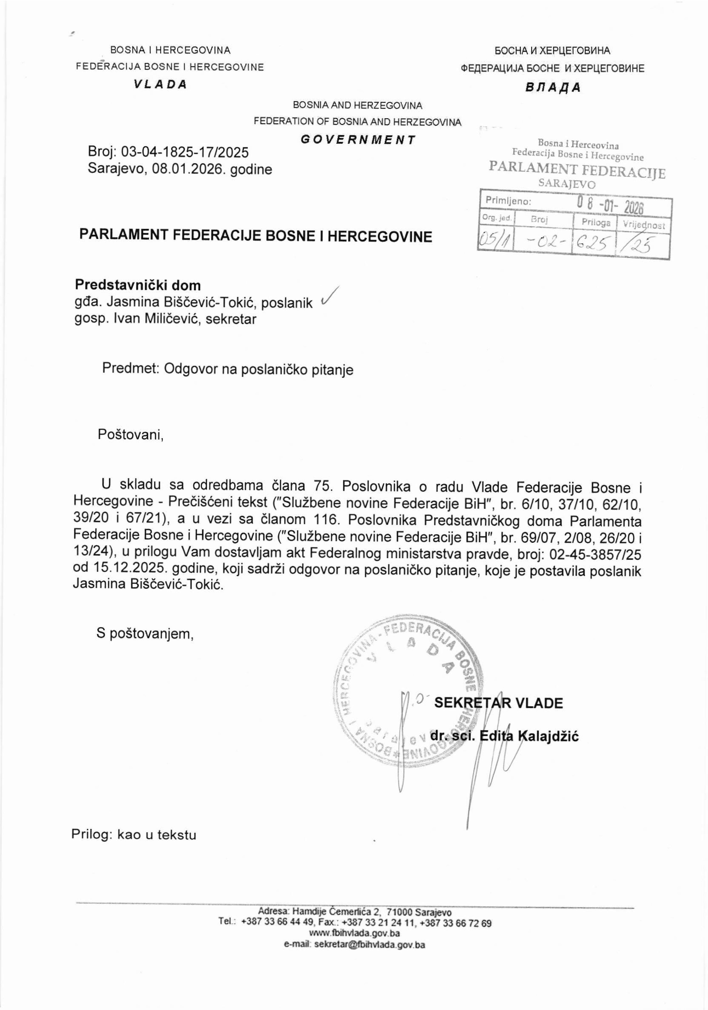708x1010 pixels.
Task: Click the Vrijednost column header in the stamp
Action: pyautogui.click(x=643, y=225)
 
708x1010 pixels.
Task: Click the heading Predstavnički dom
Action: pyautogui.click(x=138, y=285)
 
